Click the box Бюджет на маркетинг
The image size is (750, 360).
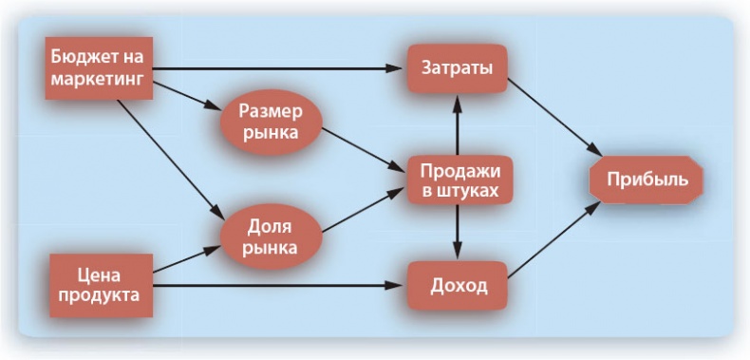point(99,68)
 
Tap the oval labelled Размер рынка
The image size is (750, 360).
point(270,121)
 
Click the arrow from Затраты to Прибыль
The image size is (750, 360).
point(556,119)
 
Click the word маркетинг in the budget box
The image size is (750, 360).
point(99,79)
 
